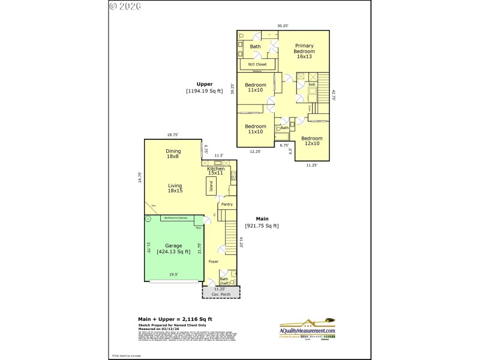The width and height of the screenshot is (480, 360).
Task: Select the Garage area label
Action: coord(173,249)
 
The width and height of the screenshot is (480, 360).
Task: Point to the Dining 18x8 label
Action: coord(173,154)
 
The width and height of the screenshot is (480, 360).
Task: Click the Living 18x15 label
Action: coord(175,188)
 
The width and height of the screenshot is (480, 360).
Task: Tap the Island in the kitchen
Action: coord(211,187)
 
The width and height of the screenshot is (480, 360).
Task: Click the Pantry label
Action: coord(226,205)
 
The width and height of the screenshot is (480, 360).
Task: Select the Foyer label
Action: coord(214,262)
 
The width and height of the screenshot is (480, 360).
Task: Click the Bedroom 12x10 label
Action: coord(312,141)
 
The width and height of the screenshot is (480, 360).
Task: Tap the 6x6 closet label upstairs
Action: coord(311,85)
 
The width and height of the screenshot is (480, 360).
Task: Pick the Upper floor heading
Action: coord(205,84)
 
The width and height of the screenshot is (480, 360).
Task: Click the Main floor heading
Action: coord(262,218)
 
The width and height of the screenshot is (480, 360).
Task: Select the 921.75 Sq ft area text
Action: coord(262,226)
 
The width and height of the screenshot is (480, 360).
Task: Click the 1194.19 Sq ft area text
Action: coord(205,91)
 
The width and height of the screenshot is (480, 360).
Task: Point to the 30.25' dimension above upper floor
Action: coord(283,26)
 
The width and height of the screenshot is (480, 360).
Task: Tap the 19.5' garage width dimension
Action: coord(173,275)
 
